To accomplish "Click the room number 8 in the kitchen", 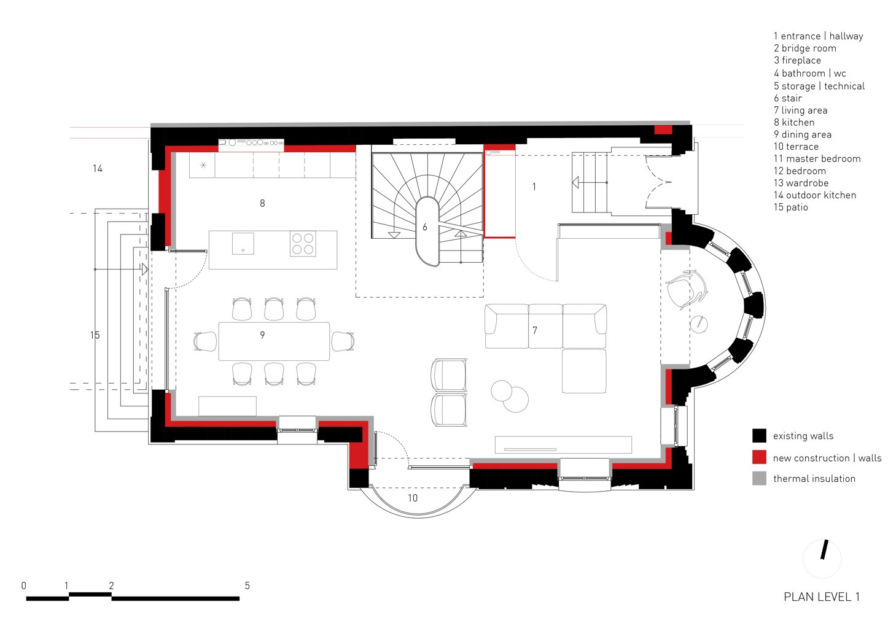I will (262, 203).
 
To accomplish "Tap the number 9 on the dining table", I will (262, 335).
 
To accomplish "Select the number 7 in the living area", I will (535, 331).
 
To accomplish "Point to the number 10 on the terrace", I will (413, 498).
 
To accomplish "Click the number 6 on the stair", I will (424, 227).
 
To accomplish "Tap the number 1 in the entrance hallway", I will (534, 187).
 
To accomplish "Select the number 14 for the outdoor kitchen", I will (97, 168).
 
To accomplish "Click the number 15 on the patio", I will (95, 335).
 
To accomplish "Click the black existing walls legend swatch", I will (759, 436).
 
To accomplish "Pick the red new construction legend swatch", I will (759, 457).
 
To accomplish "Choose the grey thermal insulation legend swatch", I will (759, 479).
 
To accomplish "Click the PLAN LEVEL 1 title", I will (821, 597).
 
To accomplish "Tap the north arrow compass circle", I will (822, 559).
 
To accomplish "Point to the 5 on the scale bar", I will (247, 586).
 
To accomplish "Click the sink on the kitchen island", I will (243, 243).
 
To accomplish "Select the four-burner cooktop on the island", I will (303, 243).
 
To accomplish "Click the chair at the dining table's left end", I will (206, 341).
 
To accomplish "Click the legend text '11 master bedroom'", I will (817, 158).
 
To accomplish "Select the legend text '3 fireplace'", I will (797, 60).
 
